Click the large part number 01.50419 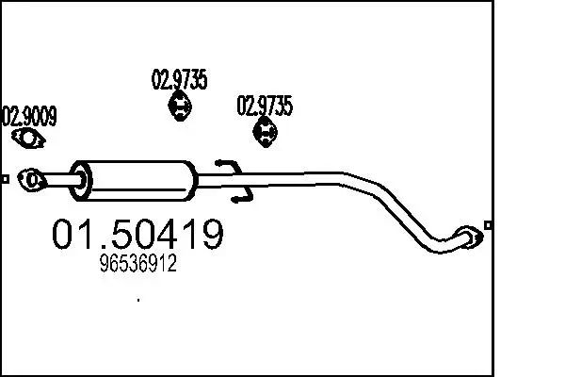137,236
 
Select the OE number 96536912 137,267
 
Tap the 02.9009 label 29,117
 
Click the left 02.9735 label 179,81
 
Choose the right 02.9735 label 265,106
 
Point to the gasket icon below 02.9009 31,139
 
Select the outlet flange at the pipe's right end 466,237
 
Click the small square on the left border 5,177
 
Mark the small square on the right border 486,224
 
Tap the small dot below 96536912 138,300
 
